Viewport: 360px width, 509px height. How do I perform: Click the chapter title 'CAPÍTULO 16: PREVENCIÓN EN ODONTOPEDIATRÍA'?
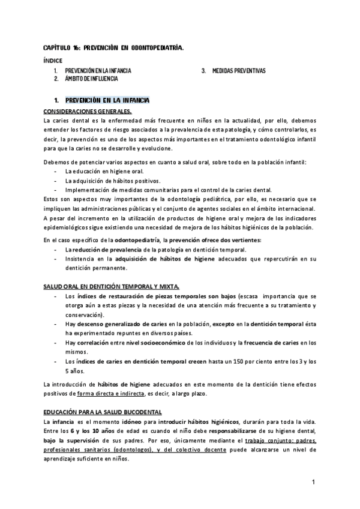tap(113, 47)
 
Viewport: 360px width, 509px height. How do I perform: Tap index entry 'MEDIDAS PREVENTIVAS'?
tap(239, 71)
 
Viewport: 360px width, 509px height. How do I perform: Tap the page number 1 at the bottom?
tap(313, 482)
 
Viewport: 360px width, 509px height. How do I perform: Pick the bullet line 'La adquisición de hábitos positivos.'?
tap(112, 181)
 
